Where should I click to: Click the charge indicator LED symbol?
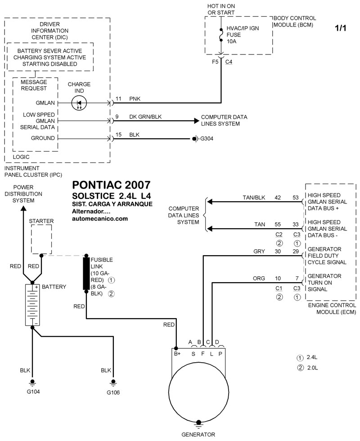click(79, 103)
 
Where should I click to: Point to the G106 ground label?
click(113, 392)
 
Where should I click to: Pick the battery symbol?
click(32, 304)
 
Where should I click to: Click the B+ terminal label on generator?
click(177, 354)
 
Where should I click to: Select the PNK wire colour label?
click(135, 98)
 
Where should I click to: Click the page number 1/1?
click(340, 28)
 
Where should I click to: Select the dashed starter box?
click(41, 239)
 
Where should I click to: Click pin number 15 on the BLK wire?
click(119, 135)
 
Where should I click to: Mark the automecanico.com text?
click(100, 219)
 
